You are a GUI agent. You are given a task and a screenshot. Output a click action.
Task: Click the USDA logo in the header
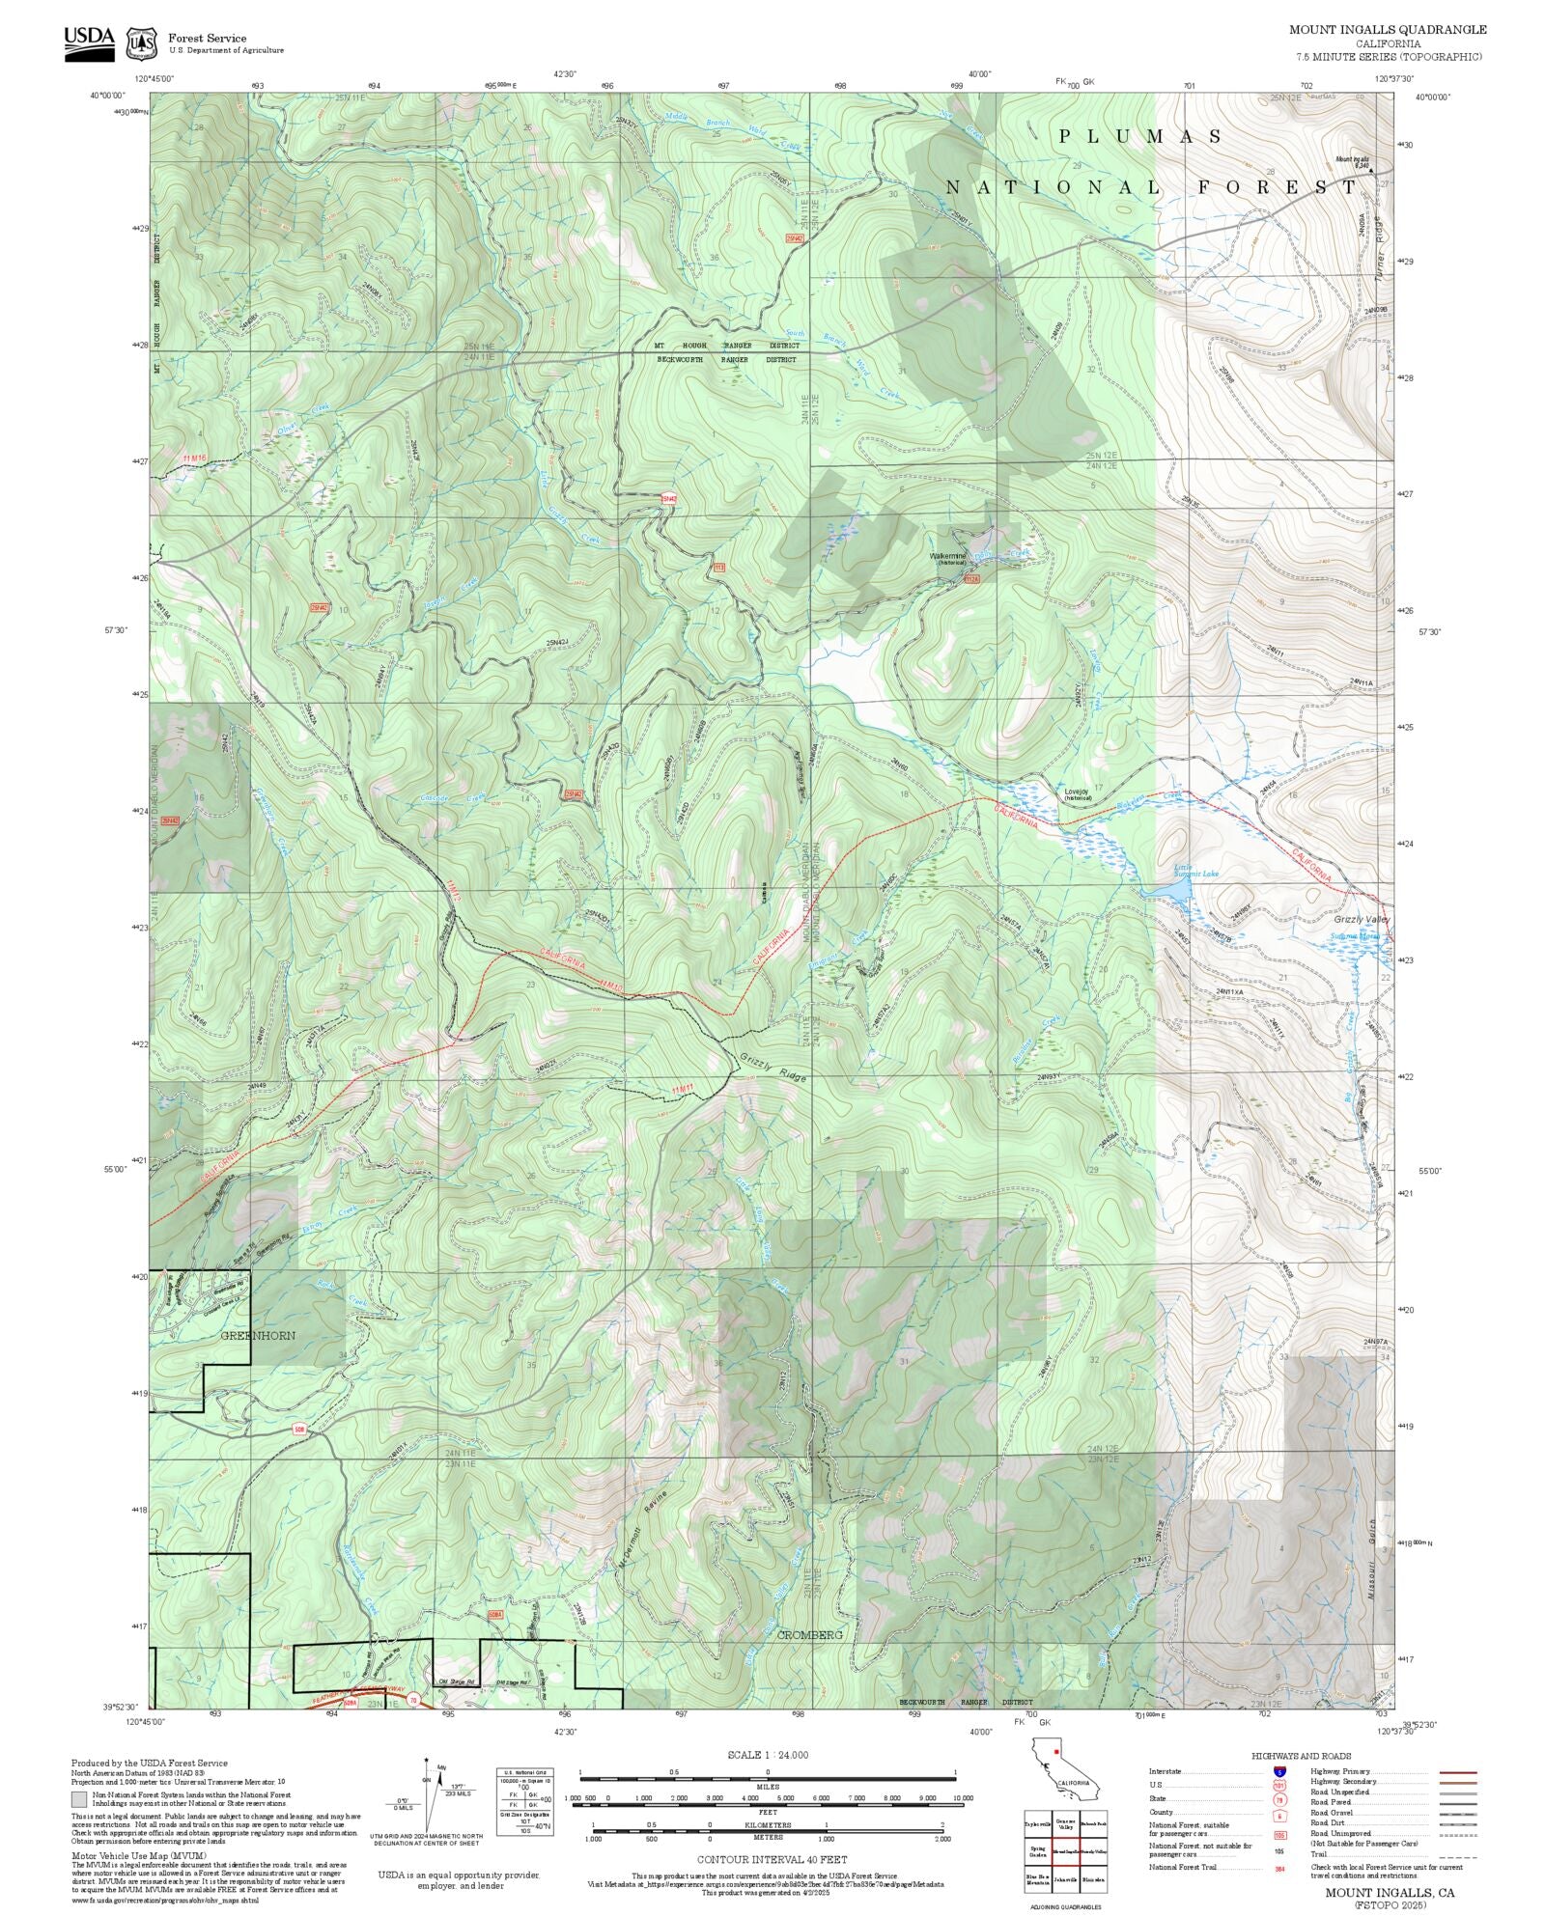coord(89,43)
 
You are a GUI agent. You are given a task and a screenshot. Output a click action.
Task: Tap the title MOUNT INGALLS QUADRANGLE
coord(1388,30)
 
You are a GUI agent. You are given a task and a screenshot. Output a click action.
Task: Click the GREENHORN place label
coord(258,1335)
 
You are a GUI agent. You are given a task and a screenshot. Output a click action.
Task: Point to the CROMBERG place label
coord(810,1634)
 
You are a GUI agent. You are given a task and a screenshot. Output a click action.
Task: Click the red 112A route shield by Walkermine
coord(972,579)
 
